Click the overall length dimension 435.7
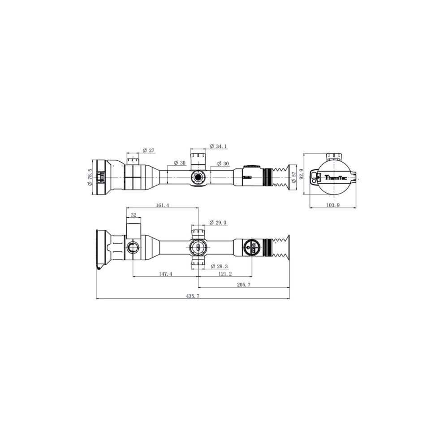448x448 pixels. (193, 296)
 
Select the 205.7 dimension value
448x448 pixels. (243, 285)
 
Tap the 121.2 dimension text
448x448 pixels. (225, 274)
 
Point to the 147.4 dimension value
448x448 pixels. (165, 274)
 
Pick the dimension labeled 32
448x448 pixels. (134, 215)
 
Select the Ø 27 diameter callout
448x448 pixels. (148, 150)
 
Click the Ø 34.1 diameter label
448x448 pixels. (219, 146)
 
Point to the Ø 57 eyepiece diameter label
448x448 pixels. (294, 177)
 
